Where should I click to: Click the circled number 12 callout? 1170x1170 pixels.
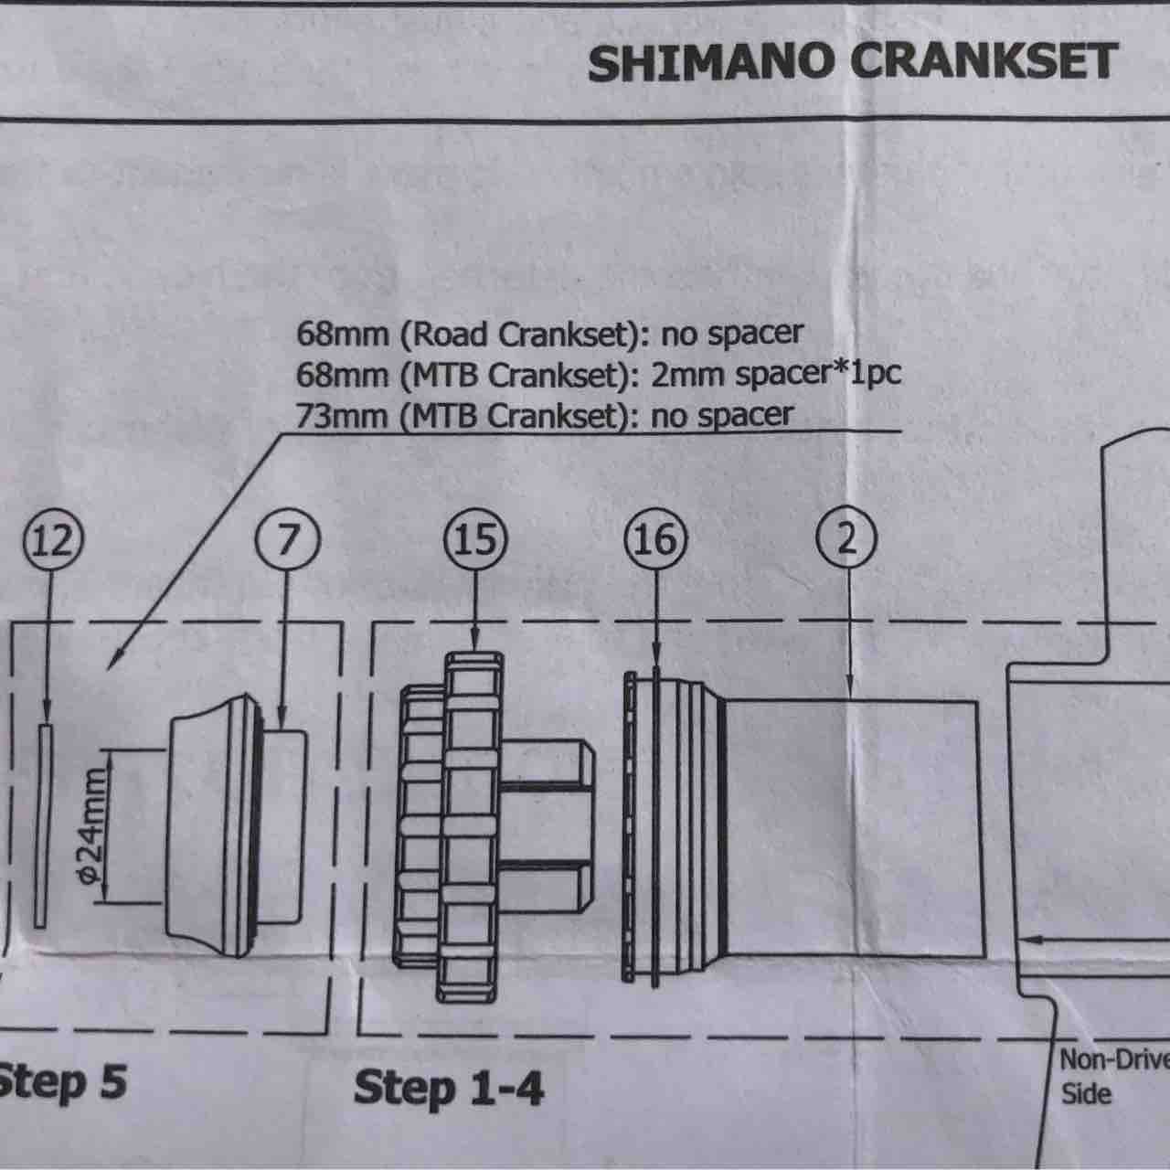click(53, 540)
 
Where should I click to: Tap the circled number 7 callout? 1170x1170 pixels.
click(287, 539)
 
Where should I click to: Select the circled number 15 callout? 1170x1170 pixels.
click(475, 539)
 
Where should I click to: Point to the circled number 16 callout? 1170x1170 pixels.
click(656, 539)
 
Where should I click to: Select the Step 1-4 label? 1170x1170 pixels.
click(449, 1088)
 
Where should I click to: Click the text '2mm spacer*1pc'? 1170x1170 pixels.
click(775, 376)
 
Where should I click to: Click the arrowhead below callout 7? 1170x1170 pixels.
click(282, 721)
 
